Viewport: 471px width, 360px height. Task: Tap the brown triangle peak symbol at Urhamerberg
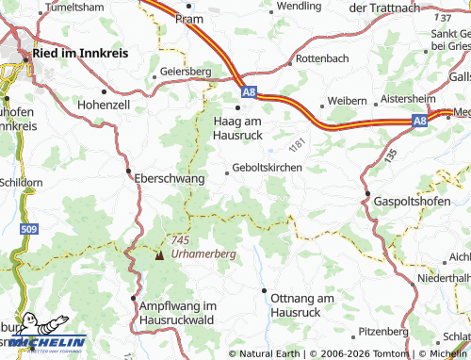coord(159,254)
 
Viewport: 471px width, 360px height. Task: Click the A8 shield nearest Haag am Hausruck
coord(248,91)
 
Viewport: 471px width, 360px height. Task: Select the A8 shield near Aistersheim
coord(419,120)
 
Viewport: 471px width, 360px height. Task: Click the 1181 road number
coord(299,145)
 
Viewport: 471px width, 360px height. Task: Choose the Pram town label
coord(196,18)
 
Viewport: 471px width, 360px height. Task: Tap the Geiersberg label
coord(185,71)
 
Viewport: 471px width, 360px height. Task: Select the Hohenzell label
coord(103,105)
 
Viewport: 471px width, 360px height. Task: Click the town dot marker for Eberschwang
coord(128,172)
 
